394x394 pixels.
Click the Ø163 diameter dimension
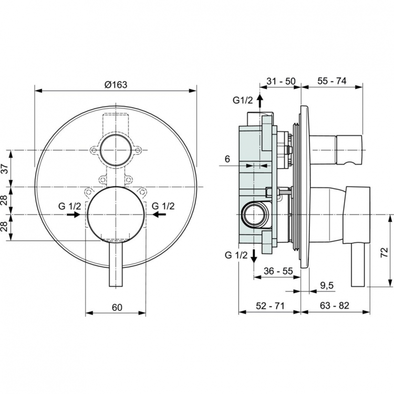pyautogui.click(x=116, y=84)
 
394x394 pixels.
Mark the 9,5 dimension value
pyautogui.click(x=327, y=285)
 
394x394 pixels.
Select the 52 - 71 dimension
pyautogui.click(x=269, y=305)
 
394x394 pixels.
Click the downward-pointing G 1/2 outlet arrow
pyautogui.click(x=254, y=256)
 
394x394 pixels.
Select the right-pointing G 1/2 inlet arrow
pyautogui.click(x=74, y=215)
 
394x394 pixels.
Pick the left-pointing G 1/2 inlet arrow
pyautogui.click(x=160, y=215)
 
